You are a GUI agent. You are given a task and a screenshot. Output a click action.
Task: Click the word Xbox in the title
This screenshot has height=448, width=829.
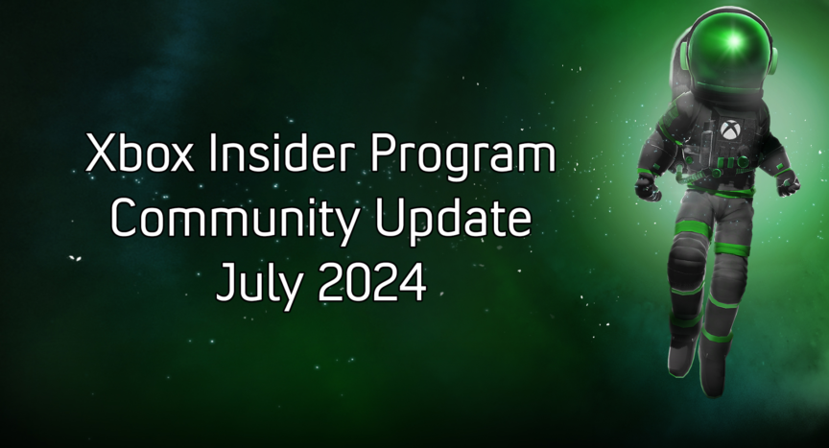pos(139,153)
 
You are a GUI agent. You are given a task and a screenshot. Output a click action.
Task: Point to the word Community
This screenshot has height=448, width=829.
pos(235,220)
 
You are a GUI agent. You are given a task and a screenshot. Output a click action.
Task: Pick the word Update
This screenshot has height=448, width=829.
pos(453,220)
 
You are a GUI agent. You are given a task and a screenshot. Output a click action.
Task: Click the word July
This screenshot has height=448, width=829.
pos(258,284)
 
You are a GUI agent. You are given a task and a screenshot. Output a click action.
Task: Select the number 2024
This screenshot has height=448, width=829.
pos(371,283)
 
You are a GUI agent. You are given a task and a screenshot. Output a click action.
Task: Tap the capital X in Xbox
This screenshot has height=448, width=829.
pos(102,153)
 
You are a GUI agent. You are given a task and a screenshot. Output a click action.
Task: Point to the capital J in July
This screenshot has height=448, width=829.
pos(225,283)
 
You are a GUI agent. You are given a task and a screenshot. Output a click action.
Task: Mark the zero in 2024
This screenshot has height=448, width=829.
pos(359,283)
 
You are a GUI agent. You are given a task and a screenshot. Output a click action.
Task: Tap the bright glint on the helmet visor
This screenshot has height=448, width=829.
pos(734,40)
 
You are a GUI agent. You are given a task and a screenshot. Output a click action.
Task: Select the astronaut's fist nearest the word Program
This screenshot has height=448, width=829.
pos(649,187)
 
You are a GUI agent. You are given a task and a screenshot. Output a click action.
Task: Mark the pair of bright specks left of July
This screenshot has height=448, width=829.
pos(75,258)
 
